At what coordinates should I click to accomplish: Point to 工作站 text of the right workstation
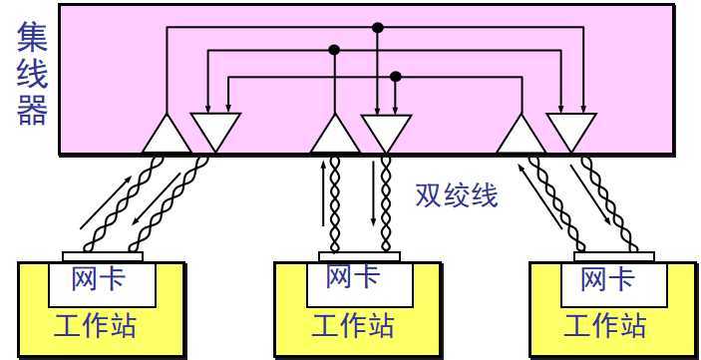[605, 325]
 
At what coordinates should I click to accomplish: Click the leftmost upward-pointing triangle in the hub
[166, 136]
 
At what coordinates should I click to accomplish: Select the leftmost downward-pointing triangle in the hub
[215, 129]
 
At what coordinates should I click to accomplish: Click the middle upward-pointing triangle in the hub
[334, 137]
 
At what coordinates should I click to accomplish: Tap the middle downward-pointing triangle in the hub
[386, 129]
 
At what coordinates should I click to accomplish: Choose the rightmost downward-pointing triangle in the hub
[571, 129]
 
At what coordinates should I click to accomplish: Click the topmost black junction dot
[377, 27]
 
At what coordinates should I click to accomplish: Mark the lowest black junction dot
[396, 76]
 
